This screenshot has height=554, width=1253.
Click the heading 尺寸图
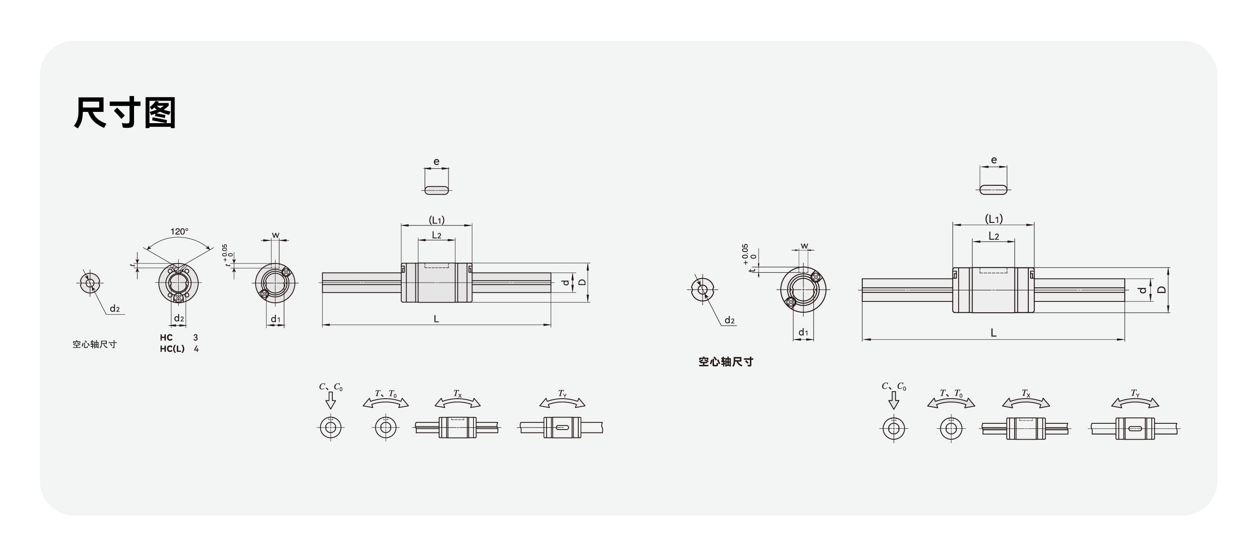coord(125,112)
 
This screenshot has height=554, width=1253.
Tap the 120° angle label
coord(180,232)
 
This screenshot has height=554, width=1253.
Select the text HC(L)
coord(172,349)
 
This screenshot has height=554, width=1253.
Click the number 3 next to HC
coord(195,337)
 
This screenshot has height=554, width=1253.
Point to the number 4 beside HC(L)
coord(196,349)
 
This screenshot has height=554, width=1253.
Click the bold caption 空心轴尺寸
coord(726,362)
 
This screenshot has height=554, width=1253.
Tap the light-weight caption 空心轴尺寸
coord(95,344)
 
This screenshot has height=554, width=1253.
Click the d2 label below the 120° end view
coord(179,319)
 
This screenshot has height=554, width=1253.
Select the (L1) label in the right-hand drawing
coord(994,219)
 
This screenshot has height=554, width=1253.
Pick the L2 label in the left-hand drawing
coord(437,235)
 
